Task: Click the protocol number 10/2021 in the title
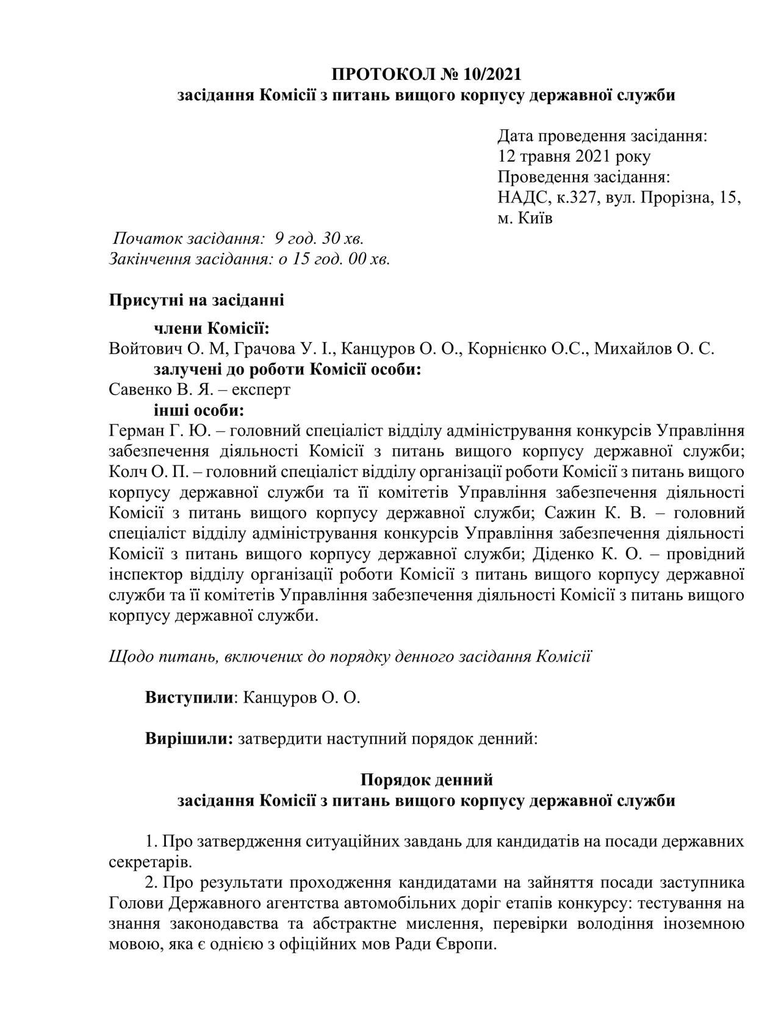pyautogui.click(x=492, y=74)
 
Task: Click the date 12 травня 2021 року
pyautogui.click(x=574, y=156)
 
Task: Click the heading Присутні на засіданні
pyautogui.click(x=196, y=300)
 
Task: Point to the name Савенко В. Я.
pyautogui.click(x=158, y=389)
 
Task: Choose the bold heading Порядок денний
pyautogui.click(x=426, y=780)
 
